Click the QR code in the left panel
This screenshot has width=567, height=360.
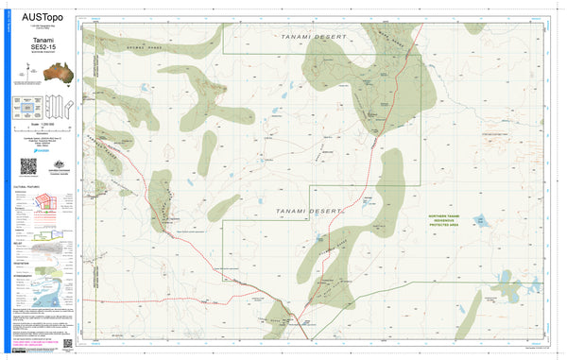pos(28,166)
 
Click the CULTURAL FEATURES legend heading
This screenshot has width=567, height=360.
pos(29,188)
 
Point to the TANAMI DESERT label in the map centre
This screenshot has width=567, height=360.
pos(307,211)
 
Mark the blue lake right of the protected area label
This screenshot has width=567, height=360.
pos(479,221)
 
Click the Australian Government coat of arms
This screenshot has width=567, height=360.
pos(54,166)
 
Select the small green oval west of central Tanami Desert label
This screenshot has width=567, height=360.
pos(224,205)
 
